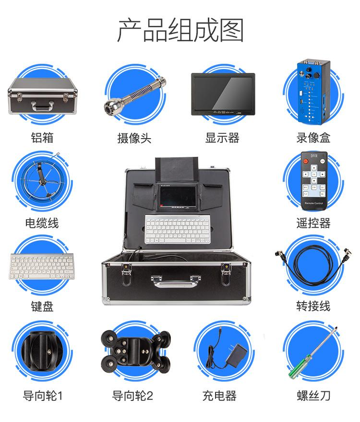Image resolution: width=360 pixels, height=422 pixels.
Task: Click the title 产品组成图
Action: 180,30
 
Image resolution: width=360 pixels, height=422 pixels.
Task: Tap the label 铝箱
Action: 42,138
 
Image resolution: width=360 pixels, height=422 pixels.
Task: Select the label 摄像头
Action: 134,138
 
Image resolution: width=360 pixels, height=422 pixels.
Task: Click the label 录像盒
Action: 313,138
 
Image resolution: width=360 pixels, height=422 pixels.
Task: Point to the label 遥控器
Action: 313,223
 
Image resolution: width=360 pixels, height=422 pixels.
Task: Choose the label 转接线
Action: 313,306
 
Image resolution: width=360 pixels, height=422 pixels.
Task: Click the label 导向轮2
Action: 132,396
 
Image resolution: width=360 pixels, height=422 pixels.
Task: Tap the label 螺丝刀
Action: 313,396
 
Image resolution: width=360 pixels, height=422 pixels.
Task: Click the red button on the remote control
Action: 306,161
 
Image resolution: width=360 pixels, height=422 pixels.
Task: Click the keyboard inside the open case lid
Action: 177,229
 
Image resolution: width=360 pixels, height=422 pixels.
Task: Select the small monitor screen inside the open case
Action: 178,196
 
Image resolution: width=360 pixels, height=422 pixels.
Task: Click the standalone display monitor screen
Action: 223,93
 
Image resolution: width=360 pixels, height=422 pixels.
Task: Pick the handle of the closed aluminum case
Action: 42,106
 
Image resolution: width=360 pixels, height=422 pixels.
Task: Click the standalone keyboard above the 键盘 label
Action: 41,267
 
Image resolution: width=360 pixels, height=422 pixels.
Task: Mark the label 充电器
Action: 219,396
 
